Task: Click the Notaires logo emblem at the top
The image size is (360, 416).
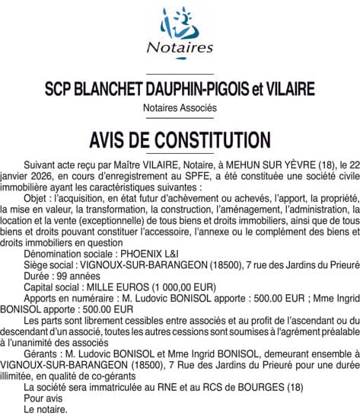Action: point(180,23)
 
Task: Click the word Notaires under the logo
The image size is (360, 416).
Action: point(180,47)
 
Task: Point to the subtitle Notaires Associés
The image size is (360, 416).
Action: point(180,108)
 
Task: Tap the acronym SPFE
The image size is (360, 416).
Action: point(174,175)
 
